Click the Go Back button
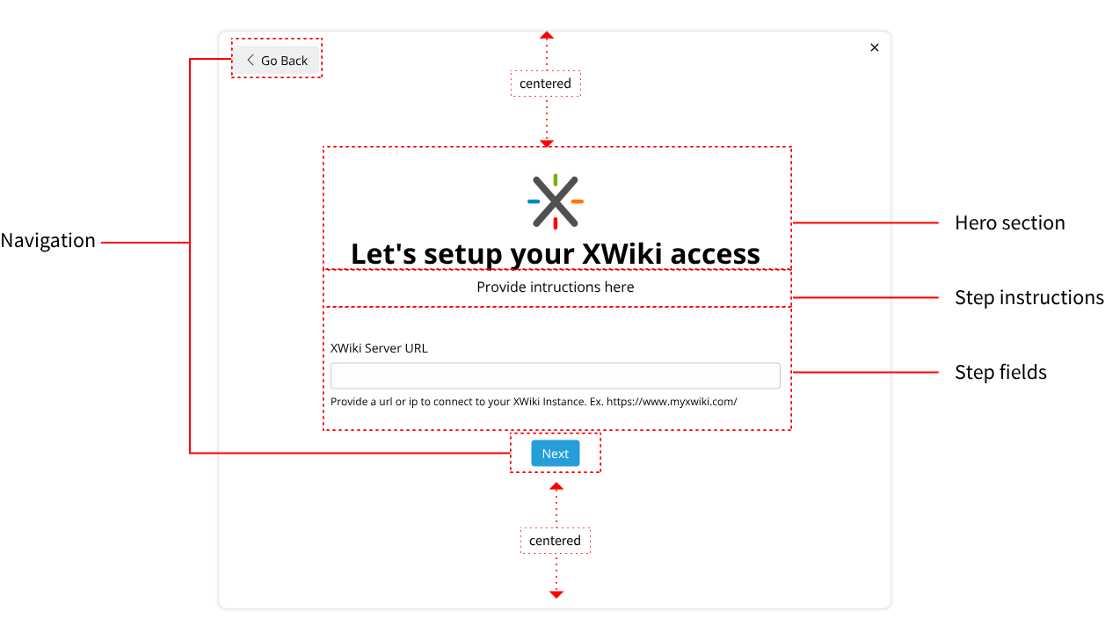[x=276, y=60]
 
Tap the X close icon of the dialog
[x=874, y=47]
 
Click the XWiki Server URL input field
[x=555, y=376]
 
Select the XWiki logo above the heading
[x=556, y=201]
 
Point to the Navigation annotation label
[x=47, y=241]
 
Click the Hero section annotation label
[x=1010, y=223]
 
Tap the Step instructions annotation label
[x=1029, y=298]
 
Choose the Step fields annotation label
[x=1000, y=372]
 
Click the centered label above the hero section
[x=545, y=84]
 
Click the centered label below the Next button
[x=555, y=541]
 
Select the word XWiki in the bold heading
[x=622, y=254]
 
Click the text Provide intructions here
[x=556, y=287]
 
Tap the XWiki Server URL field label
[x=379, y=348]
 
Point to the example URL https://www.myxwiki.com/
[x=672, y=402]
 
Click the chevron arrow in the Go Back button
[x=251, y=60]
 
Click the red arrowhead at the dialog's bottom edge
[x=556, y=594]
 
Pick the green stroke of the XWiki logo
[x=556, y=179]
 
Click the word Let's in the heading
[x=383, y=254]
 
